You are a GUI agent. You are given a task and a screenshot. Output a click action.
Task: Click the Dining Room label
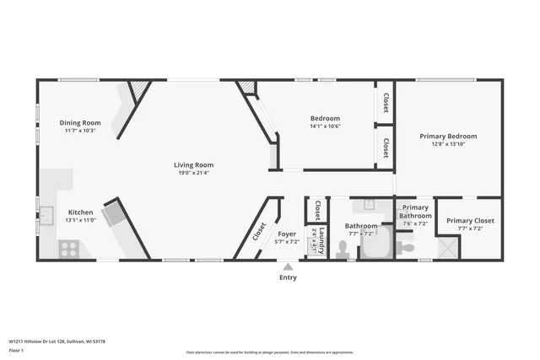coord(80,123)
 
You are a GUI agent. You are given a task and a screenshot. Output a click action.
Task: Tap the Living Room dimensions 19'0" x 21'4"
coord(193,173)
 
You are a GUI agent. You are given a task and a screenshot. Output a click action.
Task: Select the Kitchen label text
coord(80,212)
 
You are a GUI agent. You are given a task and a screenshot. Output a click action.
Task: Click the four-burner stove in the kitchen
coord(69,249)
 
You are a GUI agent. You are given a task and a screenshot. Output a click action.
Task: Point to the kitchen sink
coord(46,214)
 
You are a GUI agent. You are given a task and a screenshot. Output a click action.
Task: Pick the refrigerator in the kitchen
coord(113,215)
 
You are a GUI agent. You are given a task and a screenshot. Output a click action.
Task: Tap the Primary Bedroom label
coord(448,136)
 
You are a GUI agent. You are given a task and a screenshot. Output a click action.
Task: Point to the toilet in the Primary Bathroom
coord(406,247)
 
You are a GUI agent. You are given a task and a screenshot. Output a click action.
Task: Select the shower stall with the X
coord(447,248)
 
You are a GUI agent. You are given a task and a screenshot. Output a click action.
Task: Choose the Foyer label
coord(288,234)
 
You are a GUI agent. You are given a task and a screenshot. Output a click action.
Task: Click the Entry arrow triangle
coord(288,266)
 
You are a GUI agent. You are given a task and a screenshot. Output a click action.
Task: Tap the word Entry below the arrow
coord(288,277)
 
